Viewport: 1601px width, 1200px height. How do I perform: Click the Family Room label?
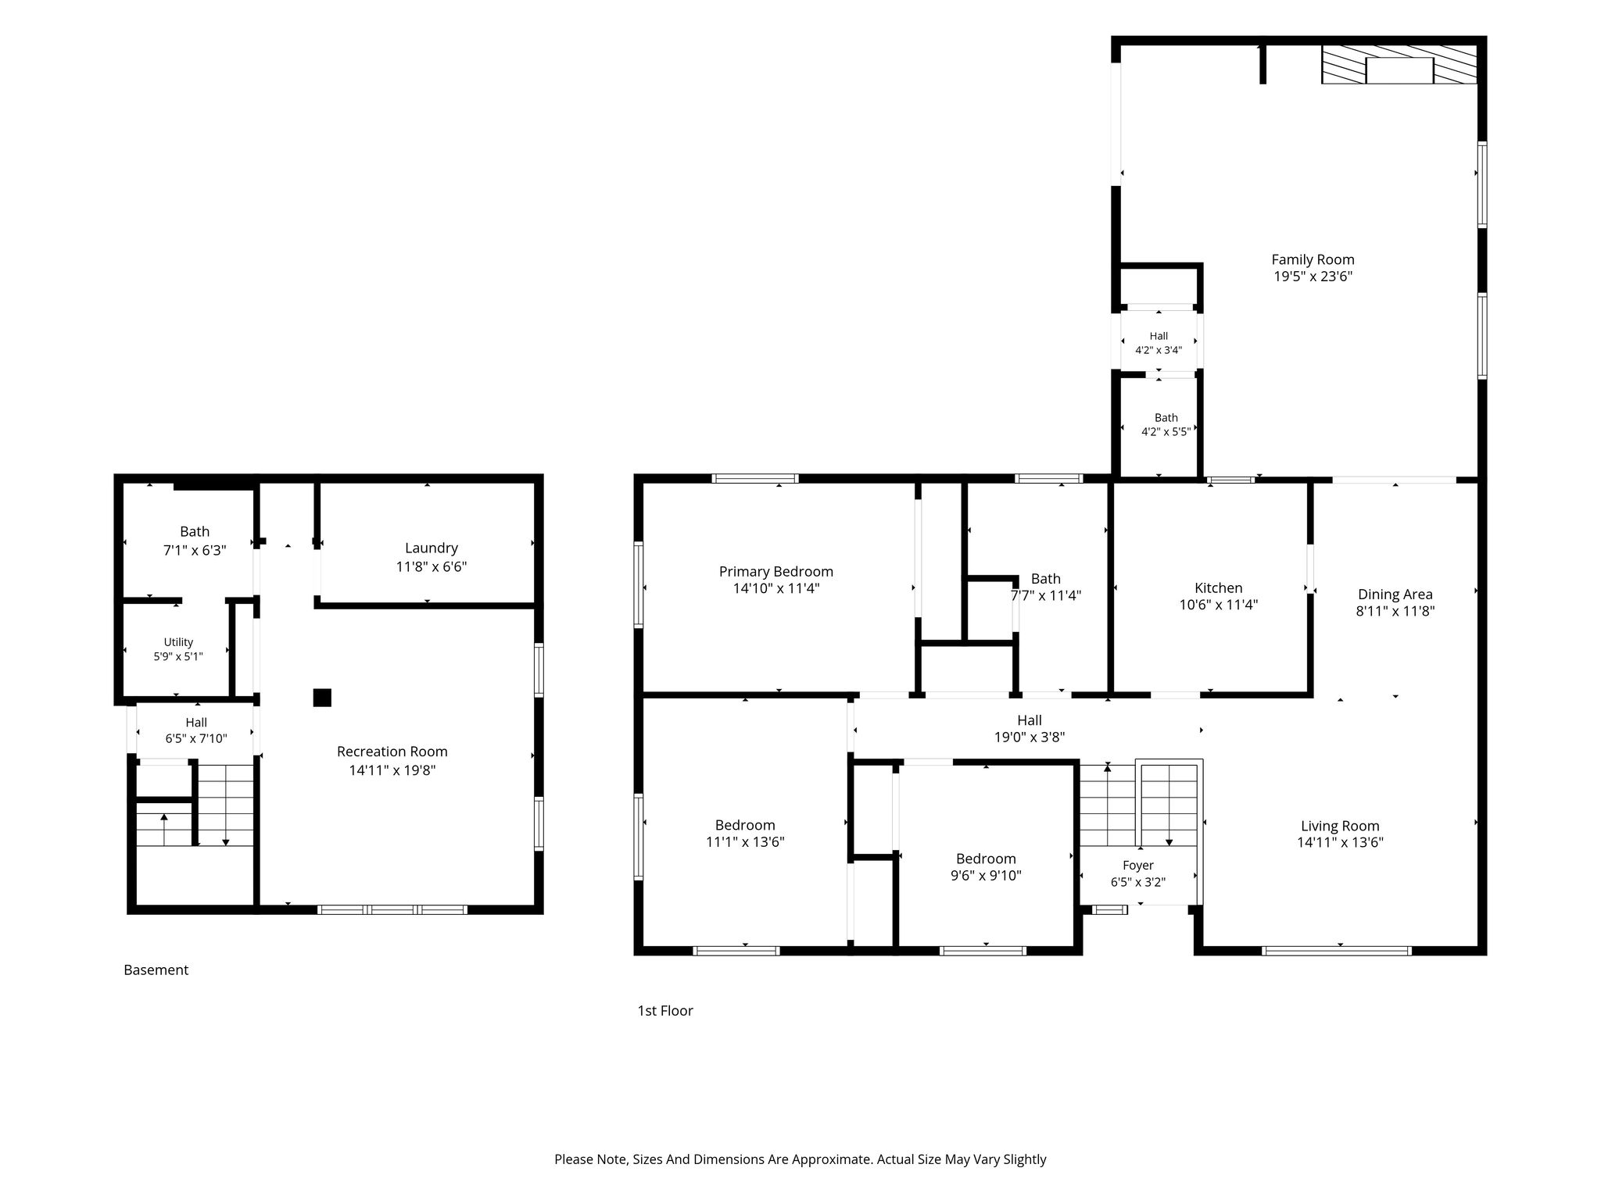point(1313,259)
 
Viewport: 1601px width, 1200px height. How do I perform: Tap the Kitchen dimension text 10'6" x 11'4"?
point(1218,605)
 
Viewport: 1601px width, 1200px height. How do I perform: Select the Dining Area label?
point(1395,595)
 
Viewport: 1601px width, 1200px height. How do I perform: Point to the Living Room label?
point(1340,826)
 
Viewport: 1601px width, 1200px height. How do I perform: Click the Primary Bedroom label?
point(776,572)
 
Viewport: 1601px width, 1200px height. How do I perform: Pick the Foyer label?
point(1138,866)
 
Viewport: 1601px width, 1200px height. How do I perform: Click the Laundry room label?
point(432,548)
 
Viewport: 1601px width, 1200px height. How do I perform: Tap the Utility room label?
point(178,642)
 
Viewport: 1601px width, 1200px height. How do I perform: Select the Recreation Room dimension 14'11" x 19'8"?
point(392,770)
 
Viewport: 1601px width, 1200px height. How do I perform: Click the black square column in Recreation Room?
point(322,698)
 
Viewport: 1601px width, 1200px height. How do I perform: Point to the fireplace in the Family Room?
point(1399,64)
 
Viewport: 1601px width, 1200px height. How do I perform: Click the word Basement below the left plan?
point(156,970)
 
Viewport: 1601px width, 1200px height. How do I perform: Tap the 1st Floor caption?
point(665,1011)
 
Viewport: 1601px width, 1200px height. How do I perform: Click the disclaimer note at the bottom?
point(800,1159)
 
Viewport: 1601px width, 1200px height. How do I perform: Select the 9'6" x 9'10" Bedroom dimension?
point(986,876)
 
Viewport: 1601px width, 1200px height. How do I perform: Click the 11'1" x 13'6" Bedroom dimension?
point(745,842)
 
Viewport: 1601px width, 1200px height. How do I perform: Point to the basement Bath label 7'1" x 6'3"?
point(195,541)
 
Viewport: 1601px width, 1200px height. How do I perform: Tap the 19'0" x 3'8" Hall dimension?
point(1030,737)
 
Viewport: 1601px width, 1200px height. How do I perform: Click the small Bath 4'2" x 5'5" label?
point(1166,424)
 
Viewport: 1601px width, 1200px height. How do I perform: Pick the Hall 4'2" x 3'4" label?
point(1159,343)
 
